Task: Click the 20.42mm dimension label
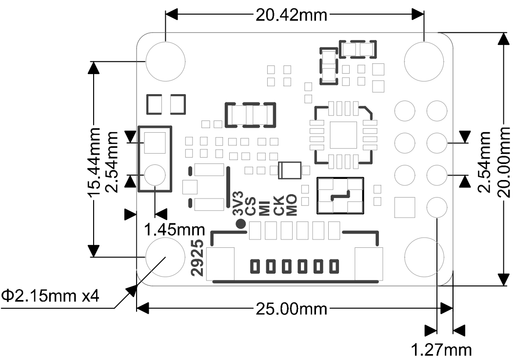pos(291,15)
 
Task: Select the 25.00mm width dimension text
pos(291,309)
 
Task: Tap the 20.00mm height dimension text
pos(504,162)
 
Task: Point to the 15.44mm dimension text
pos(94,162)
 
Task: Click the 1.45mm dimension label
pos(175,229)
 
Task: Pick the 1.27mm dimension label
pos(441,350)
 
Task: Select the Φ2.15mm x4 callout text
pos(50,296)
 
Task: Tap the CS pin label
pos(251,206)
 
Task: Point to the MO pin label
pos(292,205)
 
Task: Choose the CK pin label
pos(278,206)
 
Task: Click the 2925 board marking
pos(198,258)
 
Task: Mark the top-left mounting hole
pos(165,61)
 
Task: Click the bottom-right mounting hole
pos(424,257)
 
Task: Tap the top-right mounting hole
pos(424,61)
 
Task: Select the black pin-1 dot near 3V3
pos(241,223)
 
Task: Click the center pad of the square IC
pos(343,135)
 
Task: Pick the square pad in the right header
pos(405,207)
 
